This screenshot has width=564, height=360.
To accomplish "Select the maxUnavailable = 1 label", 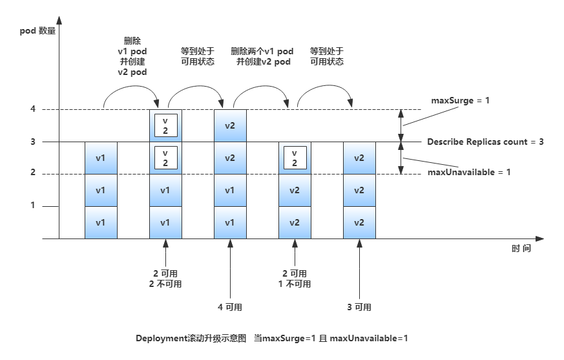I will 459,173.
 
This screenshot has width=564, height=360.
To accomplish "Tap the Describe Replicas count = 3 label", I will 485,142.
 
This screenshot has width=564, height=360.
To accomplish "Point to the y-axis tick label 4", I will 32,109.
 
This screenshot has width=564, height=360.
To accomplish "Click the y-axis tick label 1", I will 32,206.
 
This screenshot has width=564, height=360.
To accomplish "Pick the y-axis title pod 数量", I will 37,30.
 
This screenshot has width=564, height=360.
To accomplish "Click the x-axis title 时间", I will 521,248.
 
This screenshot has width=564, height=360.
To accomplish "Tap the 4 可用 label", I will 230,307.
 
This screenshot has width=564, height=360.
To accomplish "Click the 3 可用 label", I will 359,307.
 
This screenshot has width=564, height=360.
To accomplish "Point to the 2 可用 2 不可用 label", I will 165,279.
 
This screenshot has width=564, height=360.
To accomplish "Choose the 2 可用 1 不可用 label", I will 295,279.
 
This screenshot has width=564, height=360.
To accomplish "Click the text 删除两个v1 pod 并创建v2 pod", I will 262,56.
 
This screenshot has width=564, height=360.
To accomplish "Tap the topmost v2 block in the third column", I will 230,125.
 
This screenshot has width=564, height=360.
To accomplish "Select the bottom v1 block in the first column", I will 101,222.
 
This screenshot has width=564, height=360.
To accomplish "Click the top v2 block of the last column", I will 359,158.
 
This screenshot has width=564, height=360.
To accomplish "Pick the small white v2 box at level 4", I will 165,125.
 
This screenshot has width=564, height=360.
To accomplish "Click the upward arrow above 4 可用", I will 230,268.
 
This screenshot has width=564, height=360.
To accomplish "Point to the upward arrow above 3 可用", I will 359,268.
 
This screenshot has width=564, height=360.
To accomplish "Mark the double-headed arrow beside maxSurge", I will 401,125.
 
